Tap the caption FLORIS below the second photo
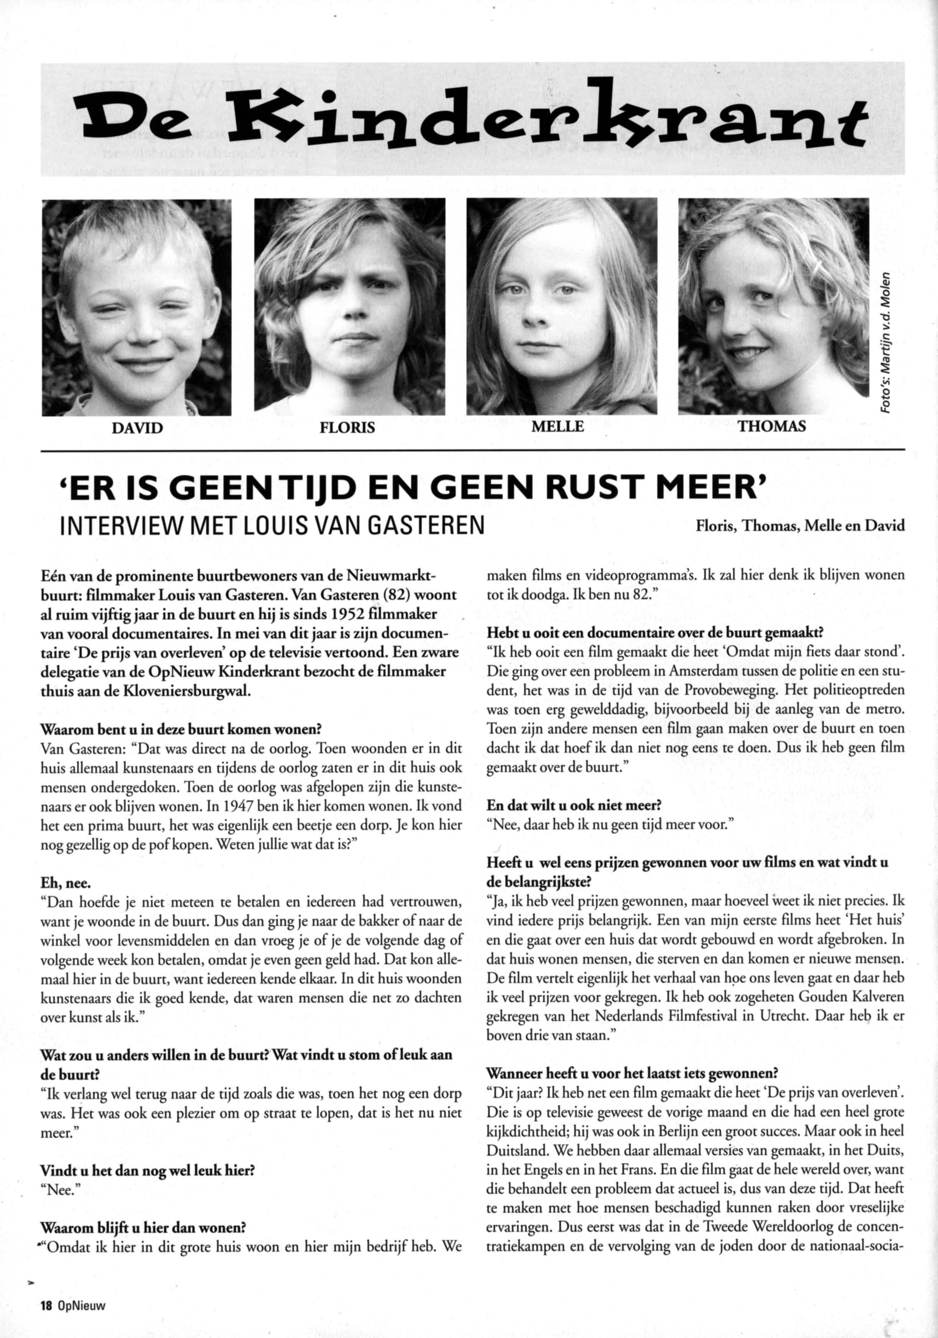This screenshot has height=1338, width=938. (x=348, y=427)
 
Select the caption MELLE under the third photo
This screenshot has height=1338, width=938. (x=557, y=427)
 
